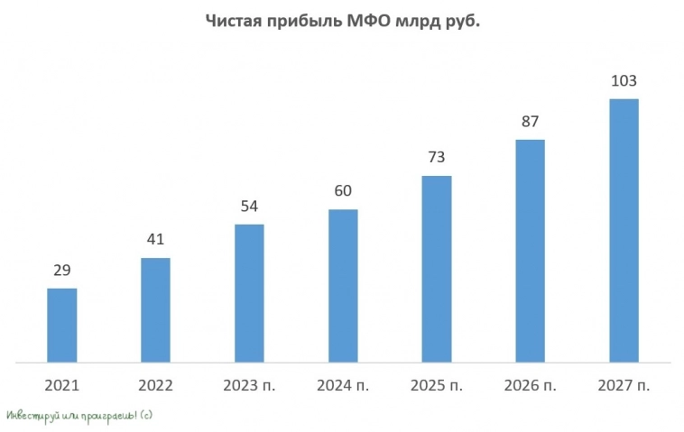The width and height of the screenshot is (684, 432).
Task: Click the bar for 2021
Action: (61, 326)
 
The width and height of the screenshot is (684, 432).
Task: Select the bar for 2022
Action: (155, 310)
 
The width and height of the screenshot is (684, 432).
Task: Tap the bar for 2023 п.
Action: (249, 293)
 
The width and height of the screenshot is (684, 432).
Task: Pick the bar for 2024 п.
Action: (343, 286)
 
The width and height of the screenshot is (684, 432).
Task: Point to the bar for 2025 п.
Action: (437, 269)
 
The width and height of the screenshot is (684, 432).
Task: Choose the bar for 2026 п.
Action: (531, 251)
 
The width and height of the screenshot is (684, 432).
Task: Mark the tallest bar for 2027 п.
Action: (624, 230)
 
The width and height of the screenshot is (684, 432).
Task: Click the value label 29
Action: (61, 270)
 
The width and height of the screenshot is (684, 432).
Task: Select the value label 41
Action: (155, 240)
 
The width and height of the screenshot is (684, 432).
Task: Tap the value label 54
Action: (249, 206)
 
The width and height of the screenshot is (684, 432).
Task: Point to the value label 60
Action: (343, 191)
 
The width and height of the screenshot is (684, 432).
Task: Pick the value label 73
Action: (437, 157)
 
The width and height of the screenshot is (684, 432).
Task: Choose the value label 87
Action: (531, 121)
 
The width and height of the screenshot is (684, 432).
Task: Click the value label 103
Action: (624, 81)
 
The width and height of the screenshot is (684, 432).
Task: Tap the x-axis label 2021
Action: (61, 385)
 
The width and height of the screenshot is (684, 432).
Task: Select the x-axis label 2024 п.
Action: (343, 385)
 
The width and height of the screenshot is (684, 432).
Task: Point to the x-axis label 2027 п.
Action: (624, 385)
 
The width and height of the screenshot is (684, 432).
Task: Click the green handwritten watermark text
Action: (79, 415)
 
